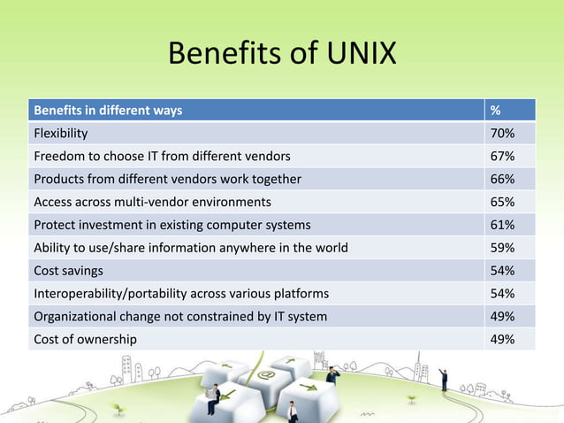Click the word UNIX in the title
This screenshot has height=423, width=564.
click(x=349, y=56)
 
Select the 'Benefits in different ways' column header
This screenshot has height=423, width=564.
click(x=108, y=111)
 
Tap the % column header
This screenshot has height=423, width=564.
click(x=496, y=111)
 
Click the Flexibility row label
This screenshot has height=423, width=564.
click(x=60, y=134)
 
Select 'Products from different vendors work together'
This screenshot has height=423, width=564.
click(x=167, y=179)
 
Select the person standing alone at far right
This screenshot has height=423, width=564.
click(x=444, y=380)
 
